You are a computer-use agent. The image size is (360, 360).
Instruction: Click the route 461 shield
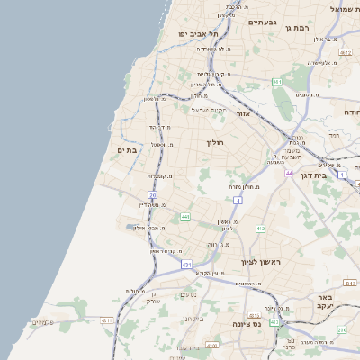[x=277, y=83]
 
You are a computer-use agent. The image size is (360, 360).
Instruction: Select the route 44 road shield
[x=289, y=173]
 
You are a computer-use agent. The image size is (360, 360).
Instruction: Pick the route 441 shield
[x=184, y=217]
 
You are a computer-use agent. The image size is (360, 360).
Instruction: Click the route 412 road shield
[x=260, y=229]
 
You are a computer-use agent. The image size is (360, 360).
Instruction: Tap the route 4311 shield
[x=107, y=319]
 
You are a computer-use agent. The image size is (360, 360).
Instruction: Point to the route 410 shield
[x=212, y=345]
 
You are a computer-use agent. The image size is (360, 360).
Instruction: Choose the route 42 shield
[x=274, y=321]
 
